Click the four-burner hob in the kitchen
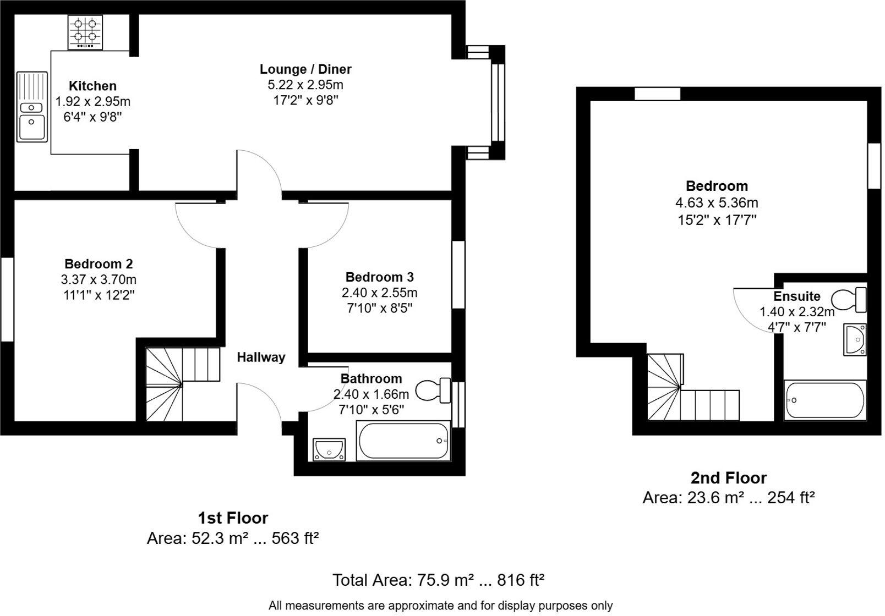click(85, 32)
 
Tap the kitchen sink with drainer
click(32, 107)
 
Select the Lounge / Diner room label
click(305, 69)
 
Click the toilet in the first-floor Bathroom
click(433, 391)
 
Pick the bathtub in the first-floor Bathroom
click(403, 441)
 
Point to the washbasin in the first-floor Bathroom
click(329, 449)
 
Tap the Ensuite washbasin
click(855, 339)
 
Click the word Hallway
click(261, 358)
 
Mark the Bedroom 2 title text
click(99, 264)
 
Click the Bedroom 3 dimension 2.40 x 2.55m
click(380, 293)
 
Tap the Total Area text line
click(439, 580)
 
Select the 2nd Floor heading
click(728, 478)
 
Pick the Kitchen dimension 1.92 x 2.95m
click(93, 102)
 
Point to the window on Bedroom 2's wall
click(7, 300)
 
